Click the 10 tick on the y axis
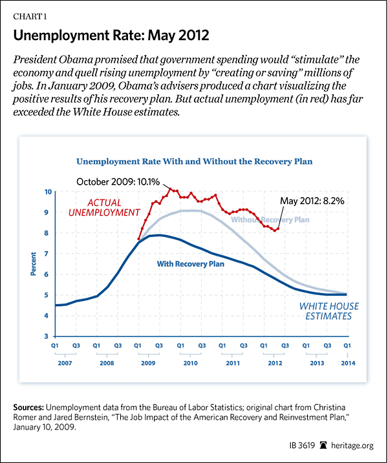[47, 192]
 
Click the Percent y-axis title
[33, 264]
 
